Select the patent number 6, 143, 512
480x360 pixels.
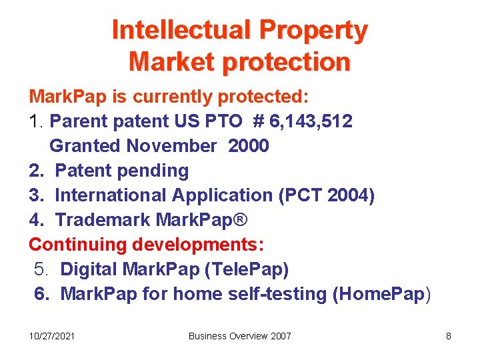[312, 121]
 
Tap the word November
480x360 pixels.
[171, 146]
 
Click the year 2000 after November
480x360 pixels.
[249, 146]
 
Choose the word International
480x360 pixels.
[111, 195]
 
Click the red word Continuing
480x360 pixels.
[77, 245]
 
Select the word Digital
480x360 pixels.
[91, 269]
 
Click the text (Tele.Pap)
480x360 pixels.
[248, 269]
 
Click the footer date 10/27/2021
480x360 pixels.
[52, 336]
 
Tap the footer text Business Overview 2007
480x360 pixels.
[240, 336]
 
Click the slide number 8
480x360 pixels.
[449, 336]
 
